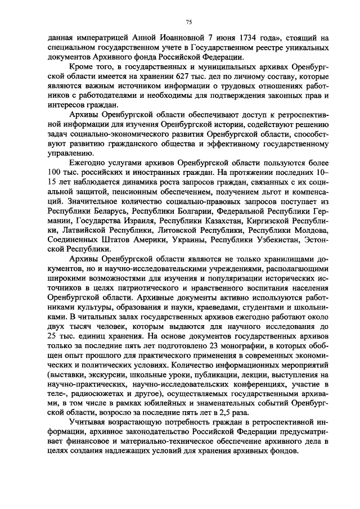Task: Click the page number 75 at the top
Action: [188, 21]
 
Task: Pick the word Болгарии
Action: [192, 210]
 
